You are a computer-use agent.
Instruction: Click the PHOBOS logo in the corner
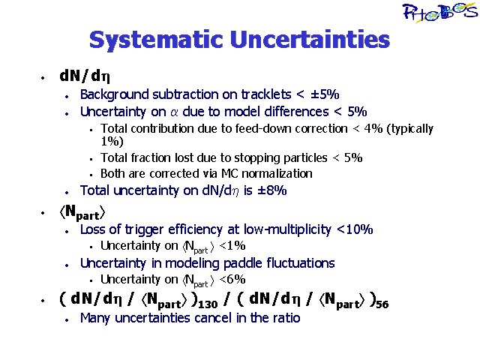click(x=439, y=13)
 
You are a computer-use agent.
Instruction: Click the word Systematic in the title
click(x=156, y=40)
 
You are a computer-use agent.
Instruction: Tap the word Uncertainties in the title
click(x=310, y=39)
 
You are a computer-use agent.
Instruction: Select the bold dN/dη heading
click(x=85, y=76)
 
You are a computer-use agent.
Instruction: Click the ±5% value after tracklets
click(x=325, y=94)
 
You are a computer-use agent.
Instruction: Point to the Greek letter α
click(x=174, y=112)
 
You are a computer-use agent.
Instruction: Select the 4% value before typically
click(x=373, y=128)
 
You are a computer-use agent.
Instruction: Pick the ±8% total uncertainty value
click(x=271, y=190)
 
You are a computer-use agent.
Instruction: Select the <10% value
click(x=355, y=229)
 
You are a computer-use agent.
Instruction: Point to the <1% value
click(x=232, y=245)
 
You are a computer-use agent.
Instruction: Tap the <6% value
click(x=232, y=279)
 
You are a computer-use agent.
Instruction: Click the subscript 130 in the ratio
click(x=208, y=304)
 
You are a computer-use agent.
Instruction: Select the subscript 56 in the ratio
click(x=382, y=304)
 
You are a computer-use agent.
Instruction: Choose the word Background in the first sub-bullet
click(x=115, y=94)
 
